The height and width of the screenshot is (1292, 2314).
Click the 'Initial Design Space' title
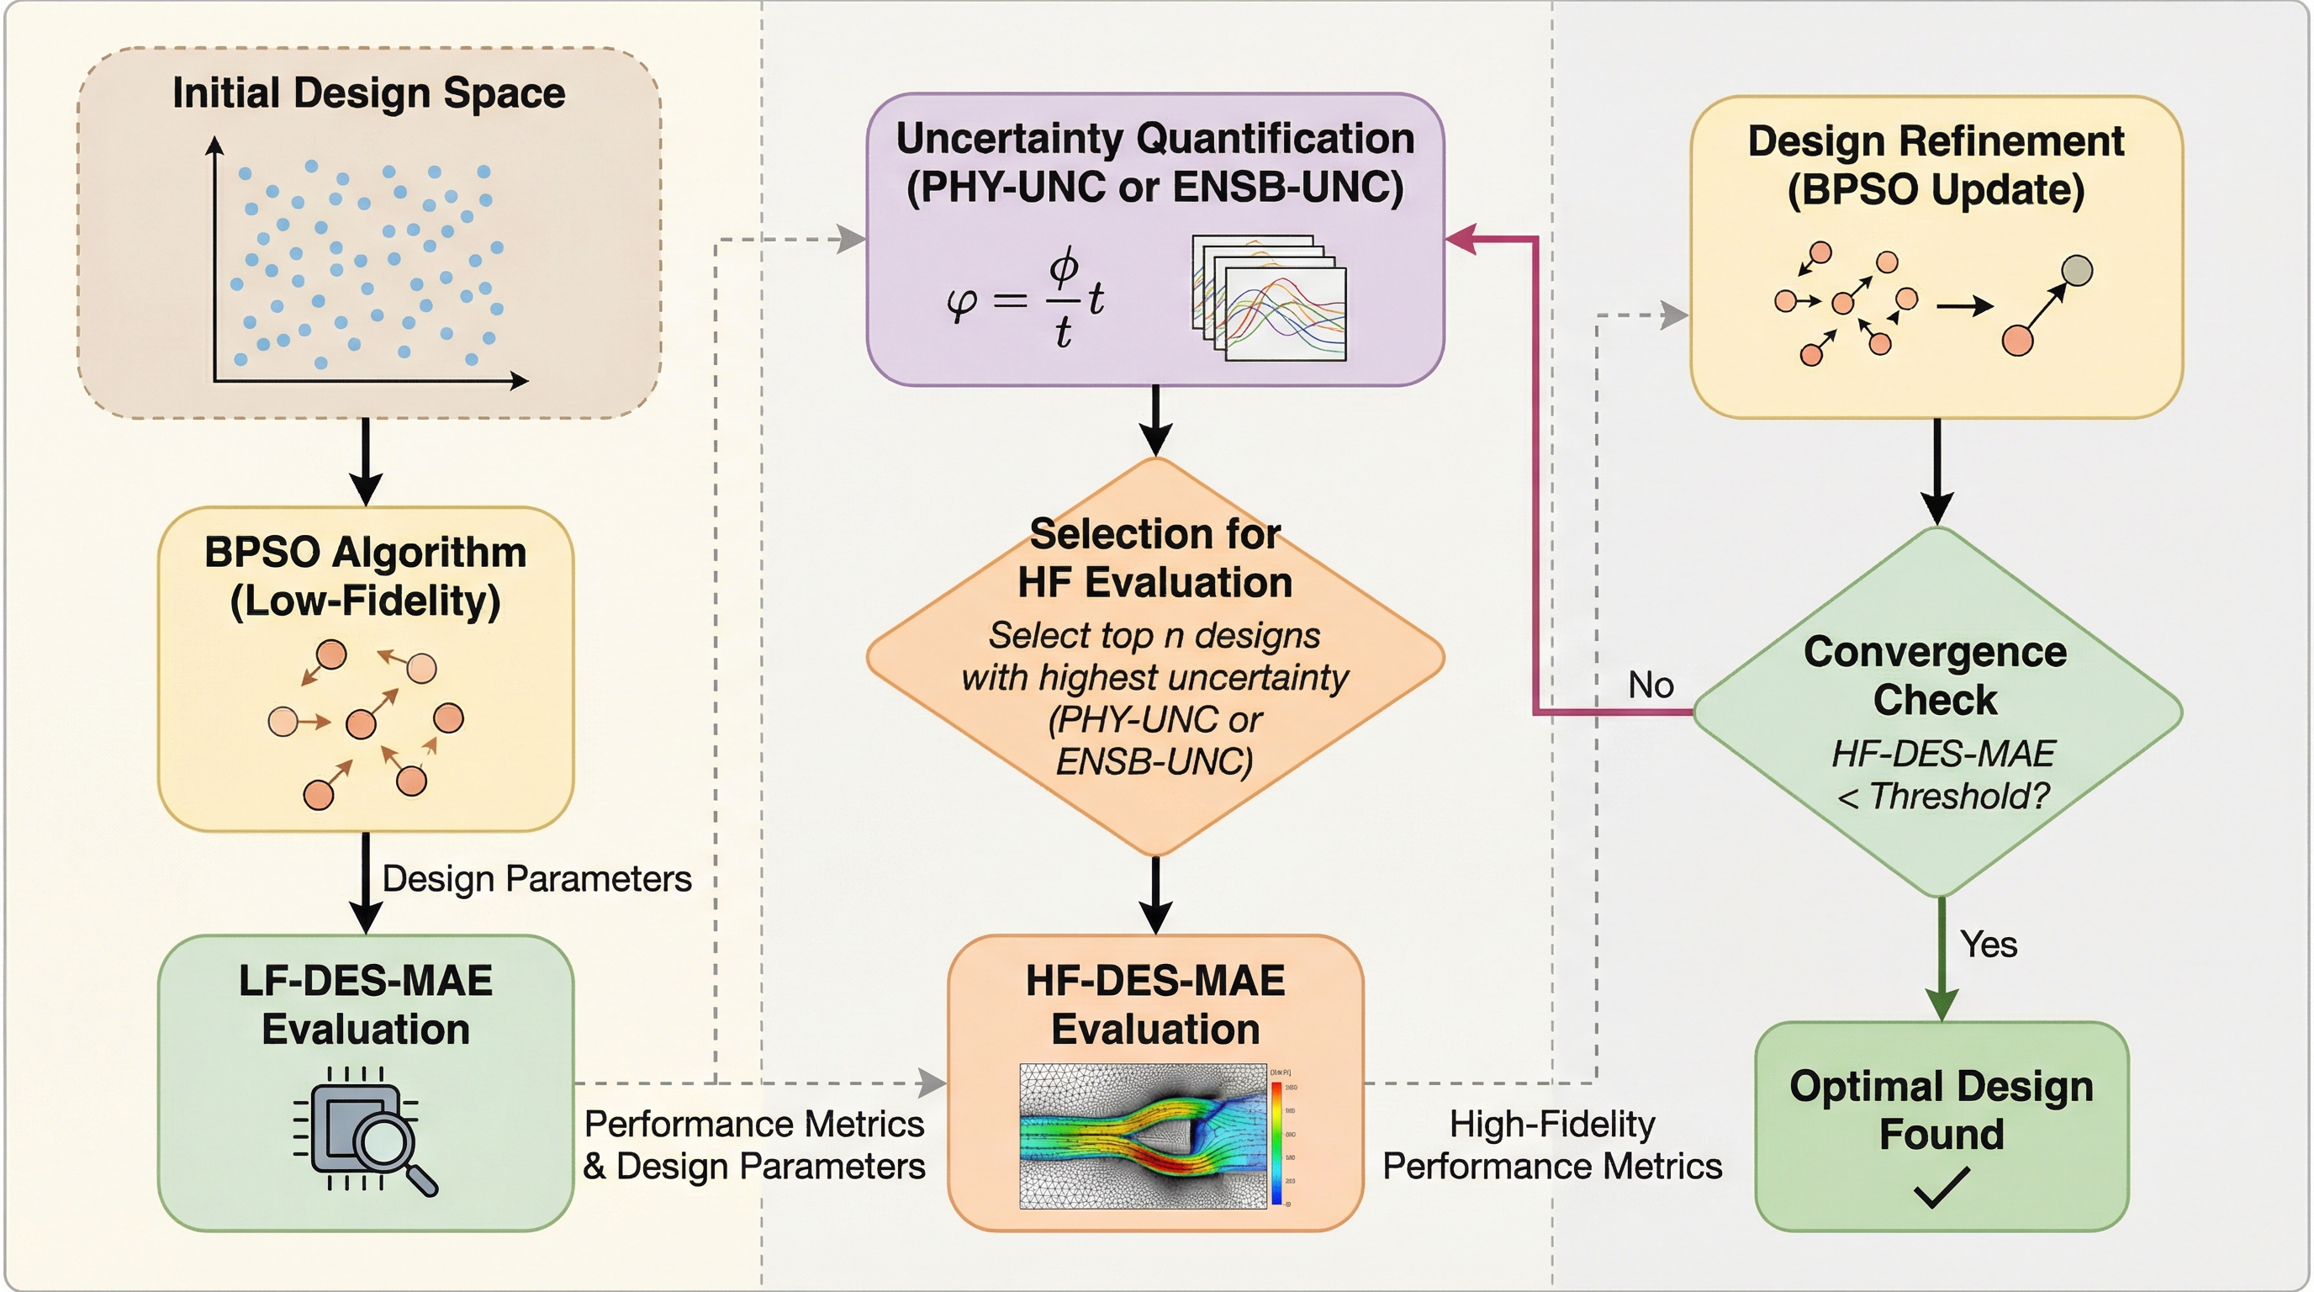(x=368, y=93)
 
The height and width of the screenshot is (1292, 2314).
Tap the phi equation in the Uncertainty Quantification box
(x=1025, y=300)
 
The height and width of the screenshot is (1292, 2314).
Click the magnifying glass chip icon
(x=365, y=1132)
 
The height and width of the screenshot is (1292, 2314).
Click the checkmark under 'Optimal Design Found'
(x=1941, y=1187)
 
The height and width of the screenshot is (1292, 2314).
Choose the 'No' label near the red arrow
(x=1651, y=686)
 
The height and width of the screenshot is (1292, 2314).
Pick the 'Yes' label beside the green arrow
(x=1989, y=945)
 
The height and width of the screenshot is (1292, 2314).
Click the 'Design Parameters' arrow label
(x=536, y=879)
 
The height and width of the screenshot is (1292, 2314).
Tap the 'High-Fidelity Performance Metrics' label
(x=1551, y=1145)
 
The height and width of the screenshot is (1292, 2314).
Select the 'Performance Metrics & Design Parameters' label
(x=753, y=1145)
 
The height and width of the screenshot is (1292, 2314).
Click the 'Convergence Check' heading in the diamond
(x=1935, y=675)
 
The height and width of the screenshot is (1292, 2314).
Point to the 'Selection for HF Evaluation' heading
(x=1155, y=558)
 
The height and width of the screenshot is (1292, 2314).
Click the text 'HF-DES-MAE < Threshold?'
(x=1942, y=775)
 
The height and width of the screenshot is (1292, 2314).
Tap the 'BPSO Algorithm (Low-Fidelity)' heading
(x=365, y=576)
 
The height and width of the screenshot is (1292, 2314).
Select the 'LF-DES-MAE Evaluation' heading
(x=365, y=1004)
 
